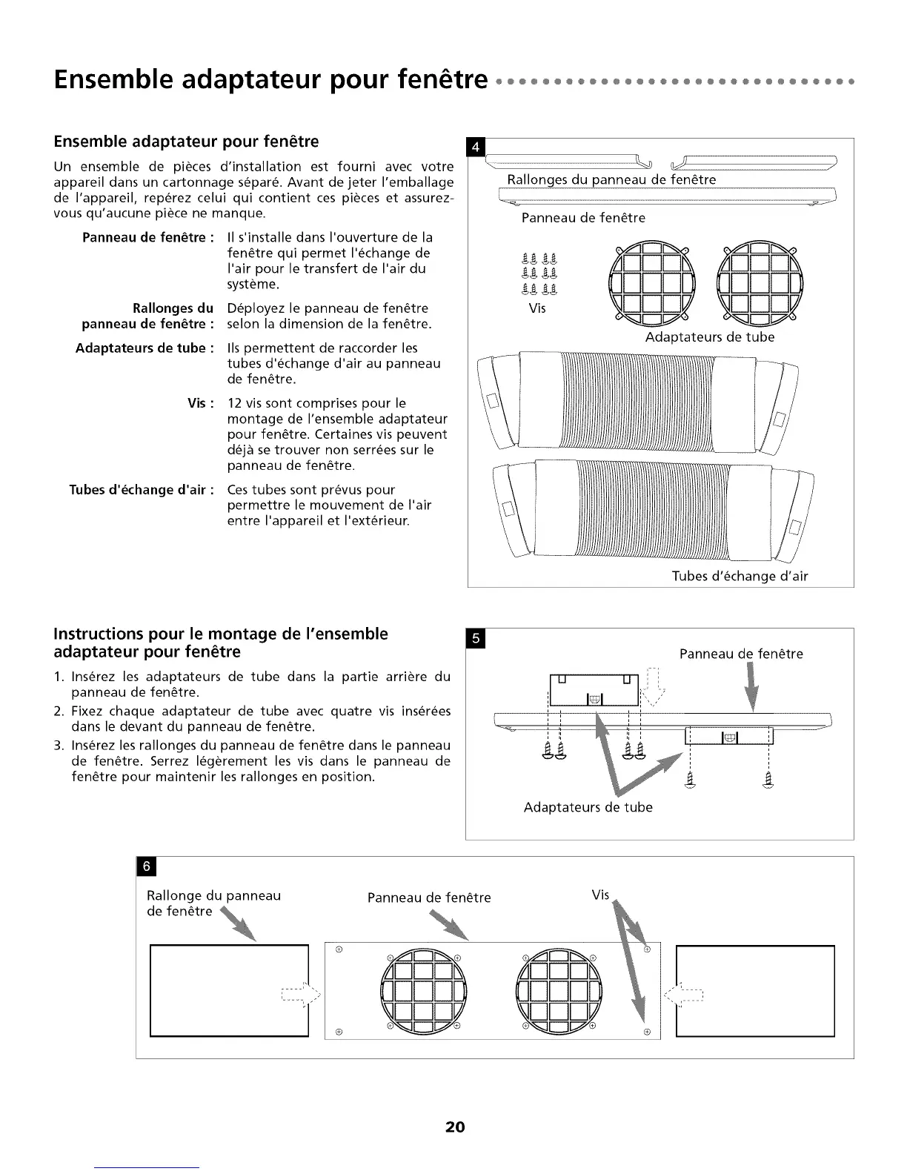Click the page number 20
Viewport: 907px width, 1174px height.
pos(454,1127)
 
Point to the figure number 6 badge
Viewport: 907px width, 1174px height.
pos(146,866)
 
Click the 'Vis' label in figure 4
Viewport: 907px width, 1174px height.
pos(537,308)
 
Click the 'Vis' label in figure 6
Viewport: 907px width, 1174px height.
pos(600,895)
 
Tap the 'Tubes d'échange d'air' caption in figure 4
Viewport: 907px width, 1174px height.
pos(740,576)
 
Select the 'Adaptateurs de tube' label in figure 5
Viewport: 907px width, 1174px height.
pos(588,807)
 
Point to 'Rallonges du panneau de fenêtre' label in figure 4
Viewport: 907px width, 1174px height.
pos(611,179)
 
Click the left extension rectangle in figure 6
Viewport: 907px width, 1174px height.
pos(229,990)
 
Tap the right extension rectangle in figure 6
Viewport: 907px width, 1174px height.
pos(755,990)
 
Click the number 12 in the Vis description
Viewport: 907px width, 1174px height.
pos(236,403)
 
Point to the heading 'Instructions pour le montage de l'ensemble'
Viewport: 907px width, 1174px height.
pos(221,634)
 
